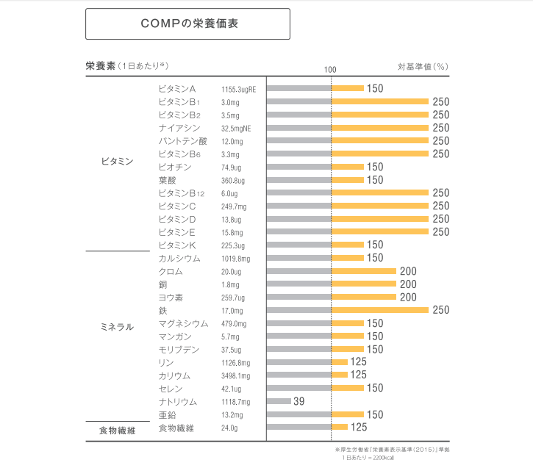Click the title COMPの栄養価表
pos(188,24)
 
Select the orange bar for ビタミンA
pos(348,88)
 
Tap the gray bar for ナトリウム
pos(279,401)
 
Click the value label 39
pos(298,401)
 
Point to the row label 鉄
pos(162,310)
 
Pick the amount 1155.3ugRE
pos(238,89)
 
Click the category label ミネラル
pos(117,327)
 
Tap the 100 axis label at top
pos(330,68)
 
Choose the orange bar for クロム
pos(364,271)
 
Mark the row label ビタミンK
pos(176,245)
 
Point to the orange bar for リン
pos(340,362)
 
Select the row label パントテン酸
pos(182,140)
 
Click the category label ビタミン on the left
pos(117,161)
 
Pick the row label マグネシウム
pos(183,323)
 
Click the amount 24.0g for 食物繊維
pos(230,428)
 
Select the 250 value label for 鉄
pos(440,310)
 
